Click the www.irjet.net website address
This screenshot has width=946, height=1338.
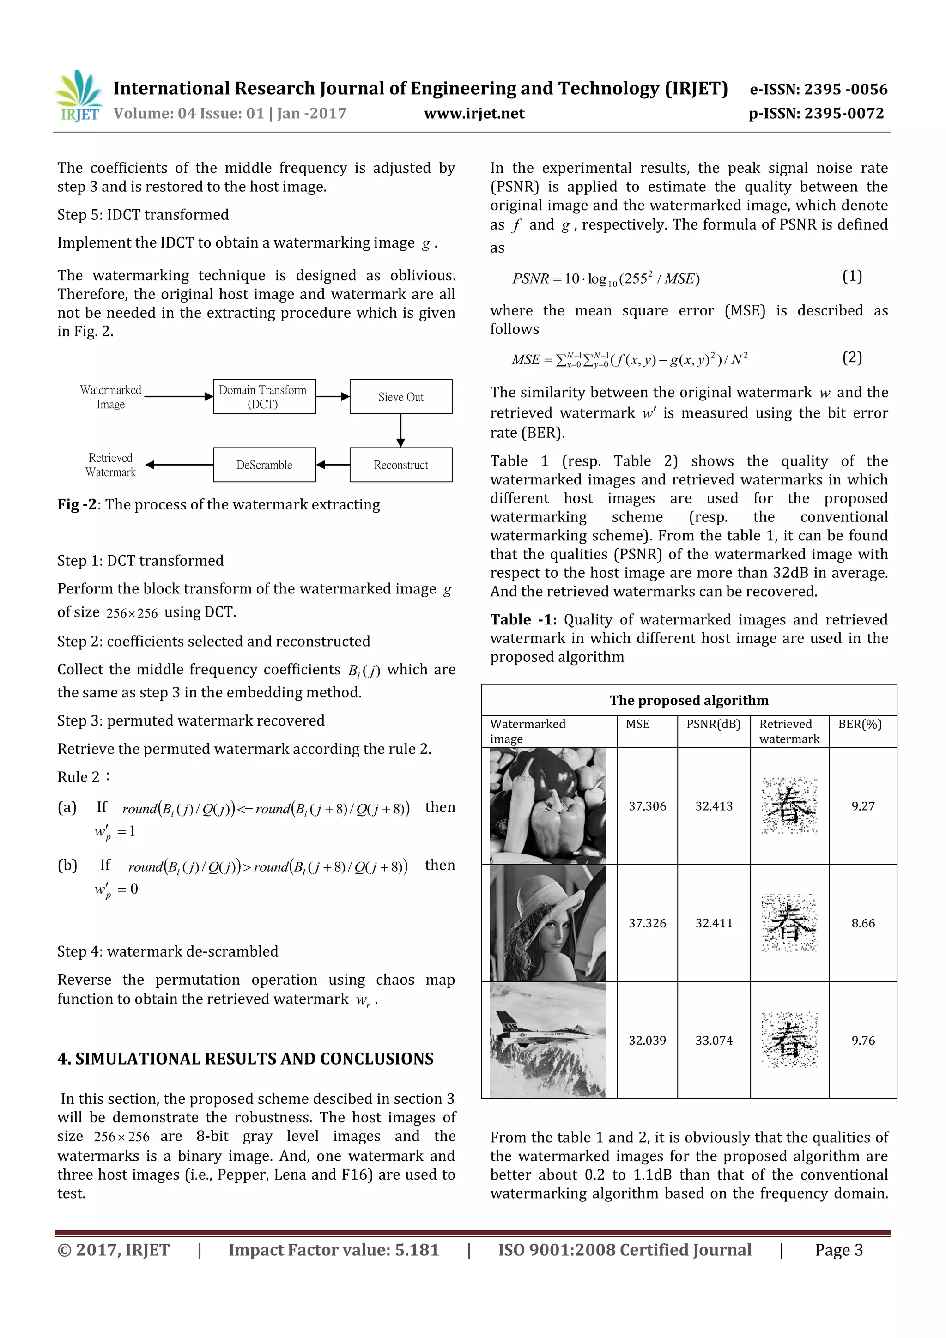pyautogui.click(x=474, y=114)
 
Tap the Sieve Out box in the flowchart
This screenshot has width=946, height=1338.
pyautogui.click(x=400, y=397)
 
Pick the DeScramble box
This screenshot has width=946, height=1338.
pyautogui.click(x=264, y=465)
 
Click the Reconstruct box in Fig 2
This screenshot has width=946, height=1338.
pyautogui.click(x=400, y=465)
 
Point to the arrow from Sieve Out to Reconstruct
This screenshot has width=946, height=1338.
pyautogui.click(x=400, y=430)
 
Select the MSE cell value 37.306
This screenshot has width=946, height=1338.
pyautogui.click(x=647, y=806)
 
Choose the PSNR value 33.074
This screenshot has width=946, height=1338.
pyautogui.click(x=714, y=1040)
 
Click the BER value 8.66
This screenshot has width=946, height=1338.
pyautogui.click(x=863, y=923)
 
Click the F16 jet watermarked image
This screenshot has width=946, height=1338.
pyautogui.click(x=548, y=1040)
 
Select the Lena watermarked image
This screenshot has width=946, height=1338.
pyautogui.click(x=548, y=923)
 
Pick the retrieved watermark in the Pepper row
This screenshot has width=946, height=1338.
pyautogui.click(x=789, y=806)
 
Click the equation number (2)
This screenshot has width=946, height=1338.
pyautogui.click(x=852, y=357)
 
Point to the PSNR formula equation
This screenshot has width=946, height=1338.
pyautogui.click(x=606, y=278)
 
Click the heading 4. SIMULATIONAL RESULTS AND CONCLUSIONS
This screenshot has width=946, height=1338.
pyautogui.click(x=245, y=1059)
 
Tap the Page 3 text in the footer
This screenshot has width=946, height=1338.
pyautogui.click(x=838, y=1250)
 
